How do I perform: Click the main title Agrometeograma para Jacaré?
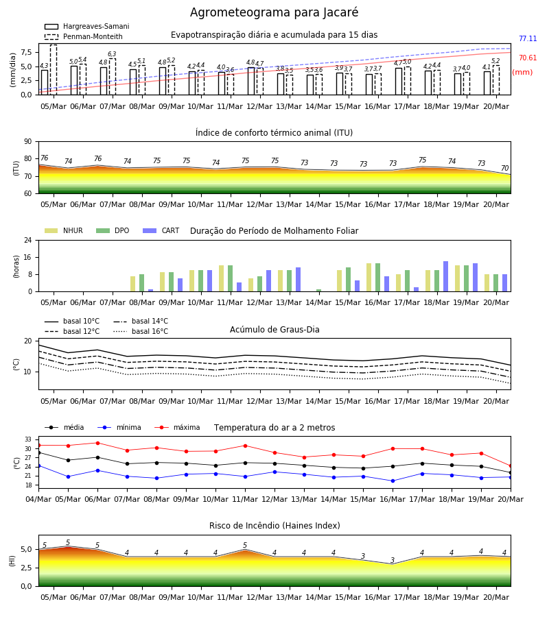tap(274, 12)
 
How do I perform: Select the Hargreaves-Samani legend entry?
tap(86, 26)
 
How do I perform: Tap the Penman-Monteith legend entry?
tap(84, 36)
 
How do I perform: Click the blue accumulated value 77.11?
tap(528, 38)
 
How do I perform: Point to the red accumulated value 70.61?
tap(528, 58)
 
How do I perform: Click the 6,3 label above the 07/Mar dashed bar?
tap(112, 54)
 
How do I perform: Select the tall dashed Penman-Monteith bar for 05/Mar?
tap(54, 70)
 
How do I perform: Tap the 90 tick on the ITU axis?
tap(28, 142)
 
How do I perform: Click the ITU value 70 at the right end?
tap(504, 168)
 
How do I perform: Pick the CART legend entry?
tap(161, 230)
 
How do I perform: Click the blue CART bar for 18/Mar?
tap(446, 276)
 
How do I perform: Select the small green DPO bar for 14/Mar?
tap(318, 291)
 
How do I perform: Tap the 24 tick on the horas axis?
tap(28, 240)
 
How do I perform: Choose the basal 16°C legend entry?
tap(141, 331)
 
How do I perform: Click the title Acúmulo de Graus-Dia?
tap(274, 329)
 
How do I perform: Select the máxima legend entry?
tap(177, 427)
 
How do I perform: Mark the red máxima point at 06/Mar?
tap(97, 443)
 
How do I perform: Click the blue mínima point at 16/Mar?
tap(393, 481)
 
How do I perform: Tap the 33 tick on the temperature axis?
tap(28, 439)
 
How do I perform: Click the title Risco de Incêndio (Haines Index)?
tap(274, 526)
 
